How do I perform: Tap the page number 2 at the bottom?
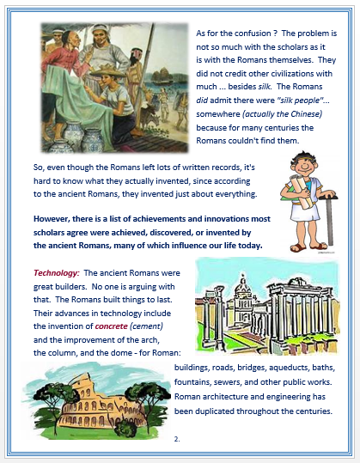(176, 440)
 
